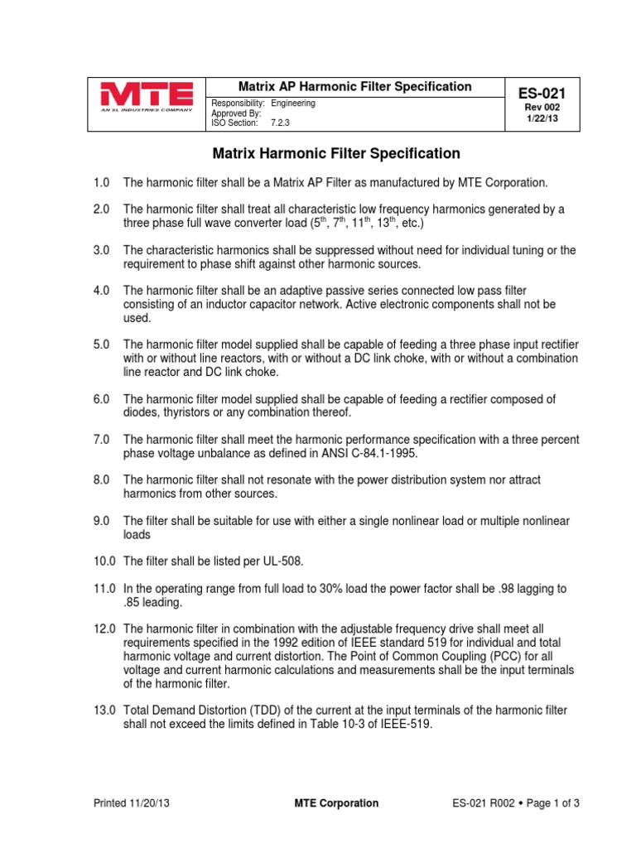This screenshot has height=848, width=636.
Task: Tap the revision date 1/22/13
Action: pos(542,119)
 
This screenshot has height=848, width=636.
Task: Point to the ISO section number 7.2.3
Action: pos(283,123)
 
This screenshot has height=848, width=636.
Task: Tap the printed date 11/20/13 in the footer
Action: pos(150,803)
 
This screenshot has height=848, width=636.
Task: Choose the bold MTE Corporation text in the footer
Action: pos(337,803)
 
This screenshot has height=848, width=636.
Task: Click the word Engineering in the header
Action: pos(293,104)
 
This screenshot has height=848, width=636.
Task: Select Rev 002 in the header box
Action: pos(542,108)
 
